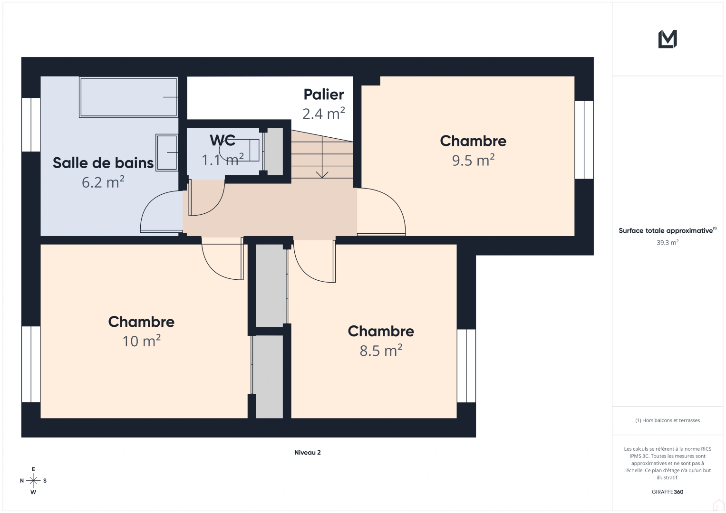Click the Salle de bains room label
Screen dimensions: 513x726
[x=103, y=163]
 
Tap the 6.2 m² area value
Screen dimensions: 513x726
[x=103, y=182]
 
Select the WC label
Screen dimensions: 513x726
[x=223, y=140]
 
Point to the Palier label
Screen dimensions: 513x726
[x=324, y=95]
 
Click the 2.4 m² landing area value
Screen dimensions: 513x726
[x=324, y=114]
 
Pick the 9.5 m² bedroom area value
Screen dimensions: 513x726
[x=473, y=160]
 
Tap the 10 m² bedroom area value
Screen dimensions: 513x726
[x=141, y=341]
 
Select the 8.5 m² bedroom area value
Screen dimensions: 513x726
[x=381, y=351]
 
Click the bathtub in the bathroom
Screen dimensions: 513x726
[x=128, y=97]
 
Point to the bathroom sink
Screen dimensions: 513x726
[x=166, y=152]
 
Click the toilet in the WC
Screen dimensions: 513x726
[x=242, y=150]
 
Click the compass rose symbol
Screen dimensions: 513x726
[x=33, y=481]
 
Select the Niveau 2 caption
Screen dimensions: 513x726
[x=307, y=453]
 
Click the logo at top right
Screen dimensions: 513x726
[x=668, y=39]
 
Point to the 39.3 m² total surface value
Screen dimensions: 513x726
[x=668, y=242]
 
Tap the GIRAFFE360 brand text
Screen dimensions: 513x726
[x=668, y=492]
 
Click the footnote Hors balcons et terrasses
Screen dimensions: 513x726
[x=668, y=420]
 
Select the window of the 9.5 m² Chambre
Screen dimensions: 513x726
[x=584, y=140]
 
